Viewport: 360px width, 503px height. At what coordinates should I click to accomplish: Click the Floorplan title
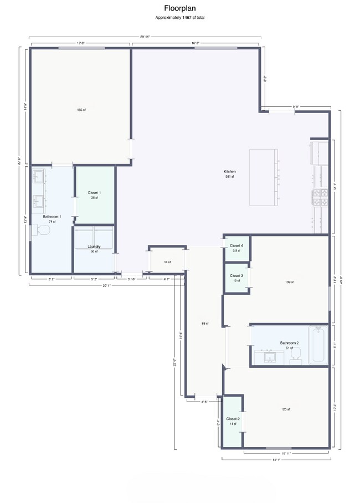pyautogui.click(x=179, y=8)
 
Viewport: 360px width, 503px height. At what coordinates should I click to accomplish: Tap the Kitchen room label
pyautogui.click(x=229, y=172)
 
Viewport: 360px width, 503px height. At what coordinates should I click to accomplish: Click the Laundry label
pyautogui.click(x=93, y=247)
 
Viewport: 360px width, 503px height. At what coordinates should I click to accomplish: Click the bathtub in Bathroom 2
pyautogui.click(x=317, y=345)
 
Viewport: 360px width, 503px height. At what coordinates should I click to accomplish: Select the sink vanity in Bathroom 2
pyautogui.click(x=269, y=356)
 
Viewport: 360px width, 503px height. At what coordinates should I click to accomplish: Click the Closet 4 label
pyautogui.click(x=236, y=245)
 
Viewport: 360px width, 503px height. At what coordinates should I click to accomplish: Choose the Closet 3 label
pyautogui.click(x=236, y=276)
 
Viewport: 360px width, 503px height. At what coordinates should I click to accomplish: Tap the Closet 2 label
pyautogui.click(x=232, y=419)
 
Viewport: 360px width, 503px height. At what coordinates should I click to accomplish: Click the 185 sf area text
pyautogui.click(x=81, y=110)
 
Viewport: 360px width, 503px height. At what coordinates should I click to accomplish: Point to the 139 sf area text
pyautogui.click(x=289, y=282)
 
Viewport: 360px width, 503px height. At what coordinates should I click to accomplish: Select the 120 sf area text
pyautogui.click(x=285, y=409)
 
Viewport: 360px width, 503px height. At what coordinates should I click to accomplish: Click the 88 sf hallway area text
pyautogui.click(x=204, y=323)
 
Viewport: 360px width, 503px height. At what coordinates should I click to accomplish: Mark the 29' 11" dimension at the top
pyautogui.click(x=145, y=37)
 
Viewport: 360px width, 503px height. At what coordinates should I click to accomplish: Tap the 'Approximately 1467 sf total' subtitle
pyautogui.click(x=179, y=18)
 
